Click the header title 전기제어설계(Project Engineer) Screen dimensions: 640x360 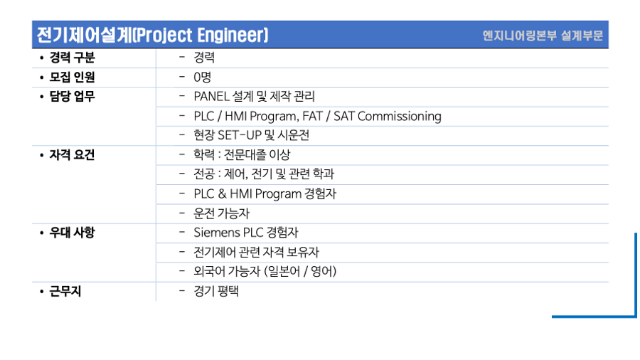153,35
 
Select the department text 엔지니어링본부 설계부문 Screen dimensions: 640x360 543,36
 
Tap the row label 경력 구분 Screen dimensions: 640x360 73,58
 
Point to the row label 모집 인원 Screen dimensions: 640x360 73,77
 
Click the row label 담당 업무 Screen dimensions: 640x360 73,96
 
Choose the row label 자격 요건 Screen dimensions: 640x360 72,155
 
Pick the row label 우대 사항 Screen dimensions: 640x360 72,233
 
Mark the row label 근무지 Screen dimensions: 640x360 65,292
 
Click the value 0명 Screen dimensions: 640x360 203,77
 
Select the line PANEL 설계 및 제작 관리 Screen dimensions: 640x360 255,97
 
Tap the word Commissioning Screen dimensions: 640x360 399,117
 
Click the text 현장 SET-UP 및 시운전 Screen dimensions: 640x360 252,135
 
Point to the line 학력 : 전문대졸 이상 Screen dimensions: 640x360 242,155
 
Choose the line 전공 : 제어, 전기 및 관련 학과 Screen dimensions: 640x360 264,174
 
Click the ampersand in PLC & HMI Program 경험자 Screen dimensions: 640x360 222,194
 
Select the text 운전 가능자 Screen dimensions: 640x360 221,213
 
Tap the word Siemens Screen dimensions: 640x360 217,233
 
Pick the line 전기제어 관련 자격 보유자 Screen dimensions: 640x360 256,253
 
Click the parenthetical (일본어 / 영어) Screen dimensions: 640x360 300,272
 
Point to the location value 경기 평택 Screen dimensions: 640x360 216,292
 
